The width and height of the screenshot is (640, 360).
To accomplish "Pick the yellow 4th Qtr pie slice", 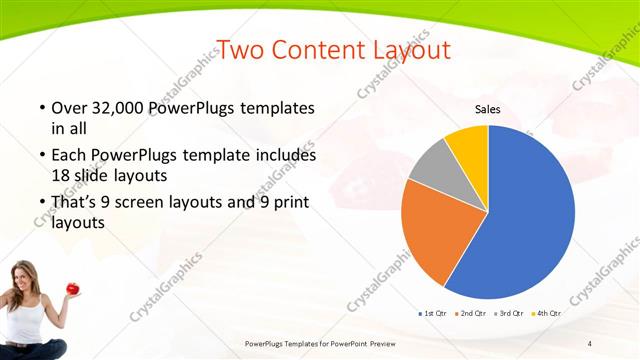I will pos(468,145).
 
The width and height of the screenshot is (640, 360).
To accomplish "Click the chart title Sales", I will pos(487,109).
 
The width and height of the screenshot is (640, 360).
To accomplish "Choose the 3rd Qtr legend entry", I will pos(510,313).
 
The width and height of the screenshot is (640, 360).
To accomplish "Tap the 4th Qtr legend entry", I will pos(547,313).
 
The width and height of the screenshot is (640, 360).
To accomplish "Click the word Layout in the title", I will pos(405,49).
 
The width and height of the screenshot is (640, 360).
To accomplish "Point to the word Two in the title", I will pos(240,49).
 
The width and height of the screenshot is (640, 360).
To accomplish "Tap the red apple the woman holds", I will pos(72,289).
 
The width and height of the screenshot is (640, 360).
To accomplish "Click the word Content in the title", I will pos(314,49).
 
